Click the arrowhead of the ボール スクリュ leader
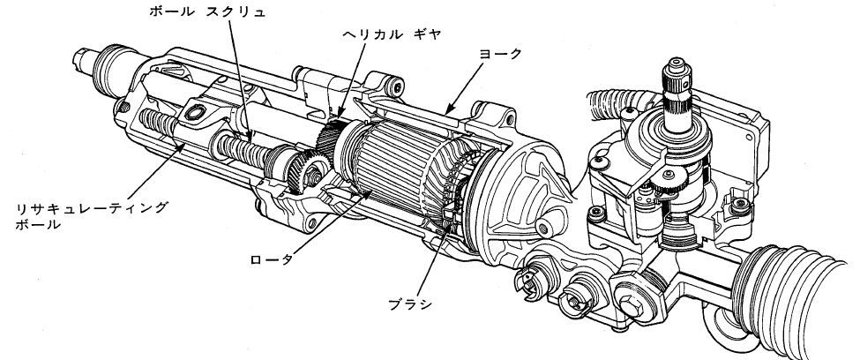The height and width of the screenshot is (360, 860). [x=251, y=141]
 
